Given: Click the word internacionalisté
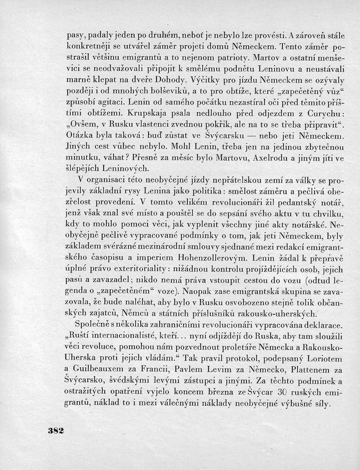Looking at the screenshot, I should point(132,337).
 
